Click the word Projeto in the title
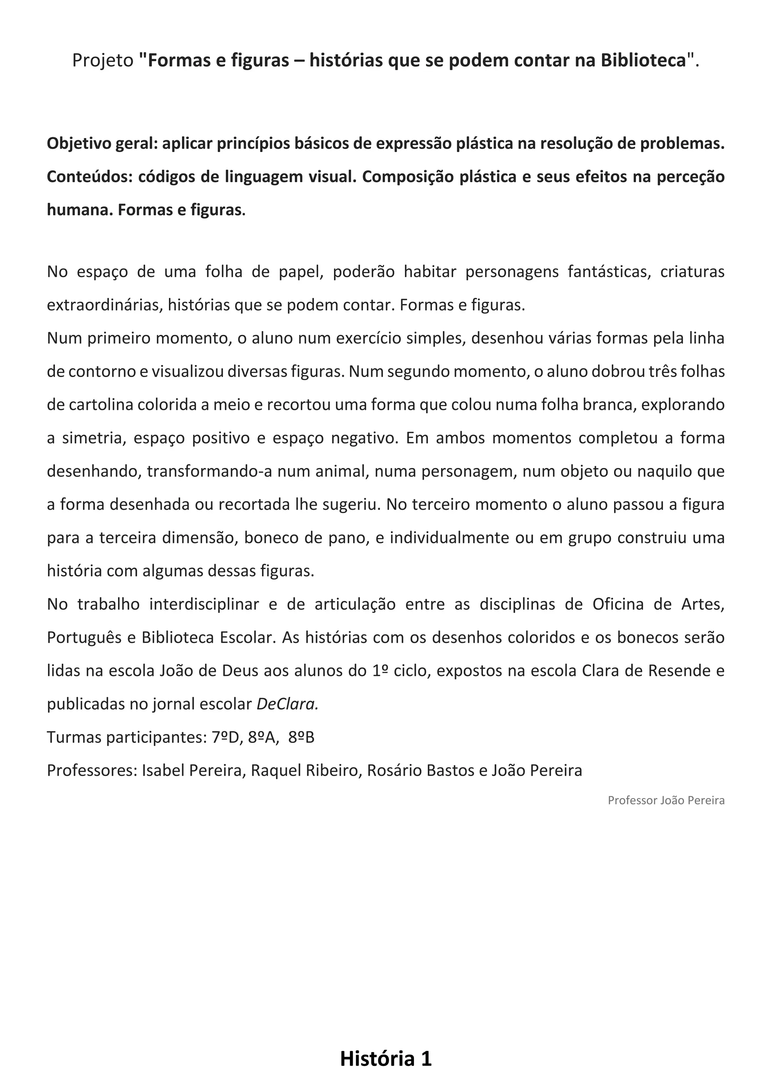103,60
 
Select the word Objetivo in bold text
77,144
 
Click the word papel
302,271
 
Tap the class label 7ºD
225,738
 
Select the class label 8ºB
302,738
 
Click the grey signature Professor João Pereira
666,801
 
